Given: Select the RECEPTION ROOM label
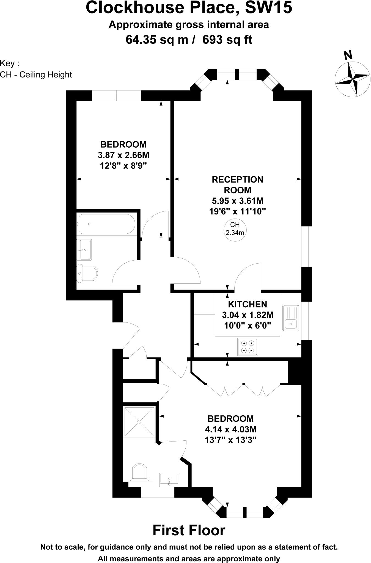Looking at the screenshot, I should [237, 185].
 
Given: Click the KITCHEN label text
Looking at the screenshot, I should [248, 304].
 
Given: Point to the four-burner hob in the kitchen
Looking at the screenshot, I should [248, 347].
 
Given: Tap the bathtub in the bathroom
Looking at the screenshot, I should [106, 224].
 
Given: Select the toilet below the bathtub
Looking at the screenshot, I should [87, 273].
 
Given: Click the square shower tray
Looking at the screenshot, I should [139, 421].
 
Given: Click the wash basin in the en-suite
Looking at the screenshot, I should [169, 480].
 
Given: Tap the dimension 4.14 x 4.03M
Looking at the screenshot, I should [231, 429].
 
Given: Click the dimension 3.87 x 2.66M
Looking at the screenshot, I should [123, 155].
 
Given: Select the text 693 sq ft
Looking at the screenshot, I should [227, 40].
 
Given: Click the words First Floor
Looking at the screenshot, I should [189, 531].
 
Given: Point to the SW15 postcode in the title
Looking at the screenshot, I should [268, 8].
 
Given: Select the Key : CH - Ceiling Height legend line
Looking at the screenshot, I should [36, 74].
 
